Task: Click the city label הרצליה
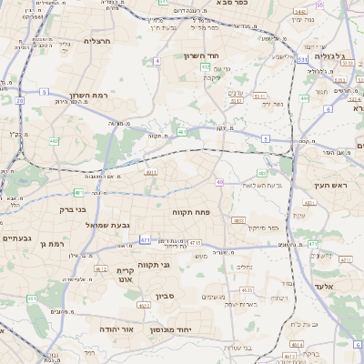(96, 41)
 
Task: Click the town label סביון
(165, 296)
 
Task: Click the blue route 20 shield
(20, 100)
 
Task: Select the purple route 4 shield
(157, 60)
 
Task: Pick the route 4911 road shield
(151, 171)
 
